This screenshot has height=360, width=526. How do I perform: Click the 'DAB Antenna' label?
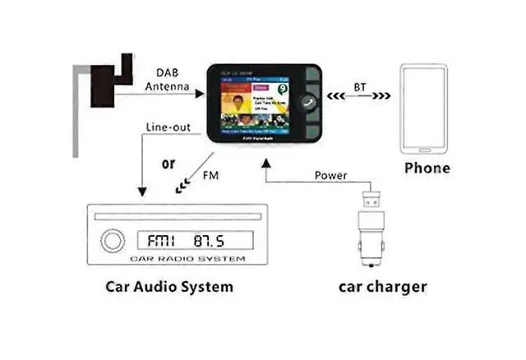(x=168, y=79)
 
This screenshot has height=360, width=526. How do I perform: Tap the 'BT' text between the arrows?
(x=360, y=86)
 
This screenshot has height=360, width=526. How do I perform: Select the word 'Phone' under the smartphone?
(x=427, y=168)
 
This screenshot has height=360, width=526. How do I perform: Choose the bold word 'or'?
(x=168, y=163)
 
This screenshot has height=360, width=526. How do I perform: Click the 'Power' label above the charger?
(x=331, y=175)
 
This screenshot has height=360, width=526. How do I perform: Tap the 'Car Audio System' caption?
(x=168, y=287)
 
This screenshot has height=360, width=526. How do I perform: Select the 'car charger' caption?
(x=383, y=287)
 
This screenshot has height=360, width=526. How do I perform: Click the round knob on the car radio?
(x=111, y=241)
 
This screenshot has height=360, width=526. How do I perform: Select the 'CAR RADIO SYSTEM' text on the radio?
(x=187, y=259)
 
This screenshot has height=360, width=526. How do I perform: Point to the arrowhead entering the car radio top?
(x=142, y=192)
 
